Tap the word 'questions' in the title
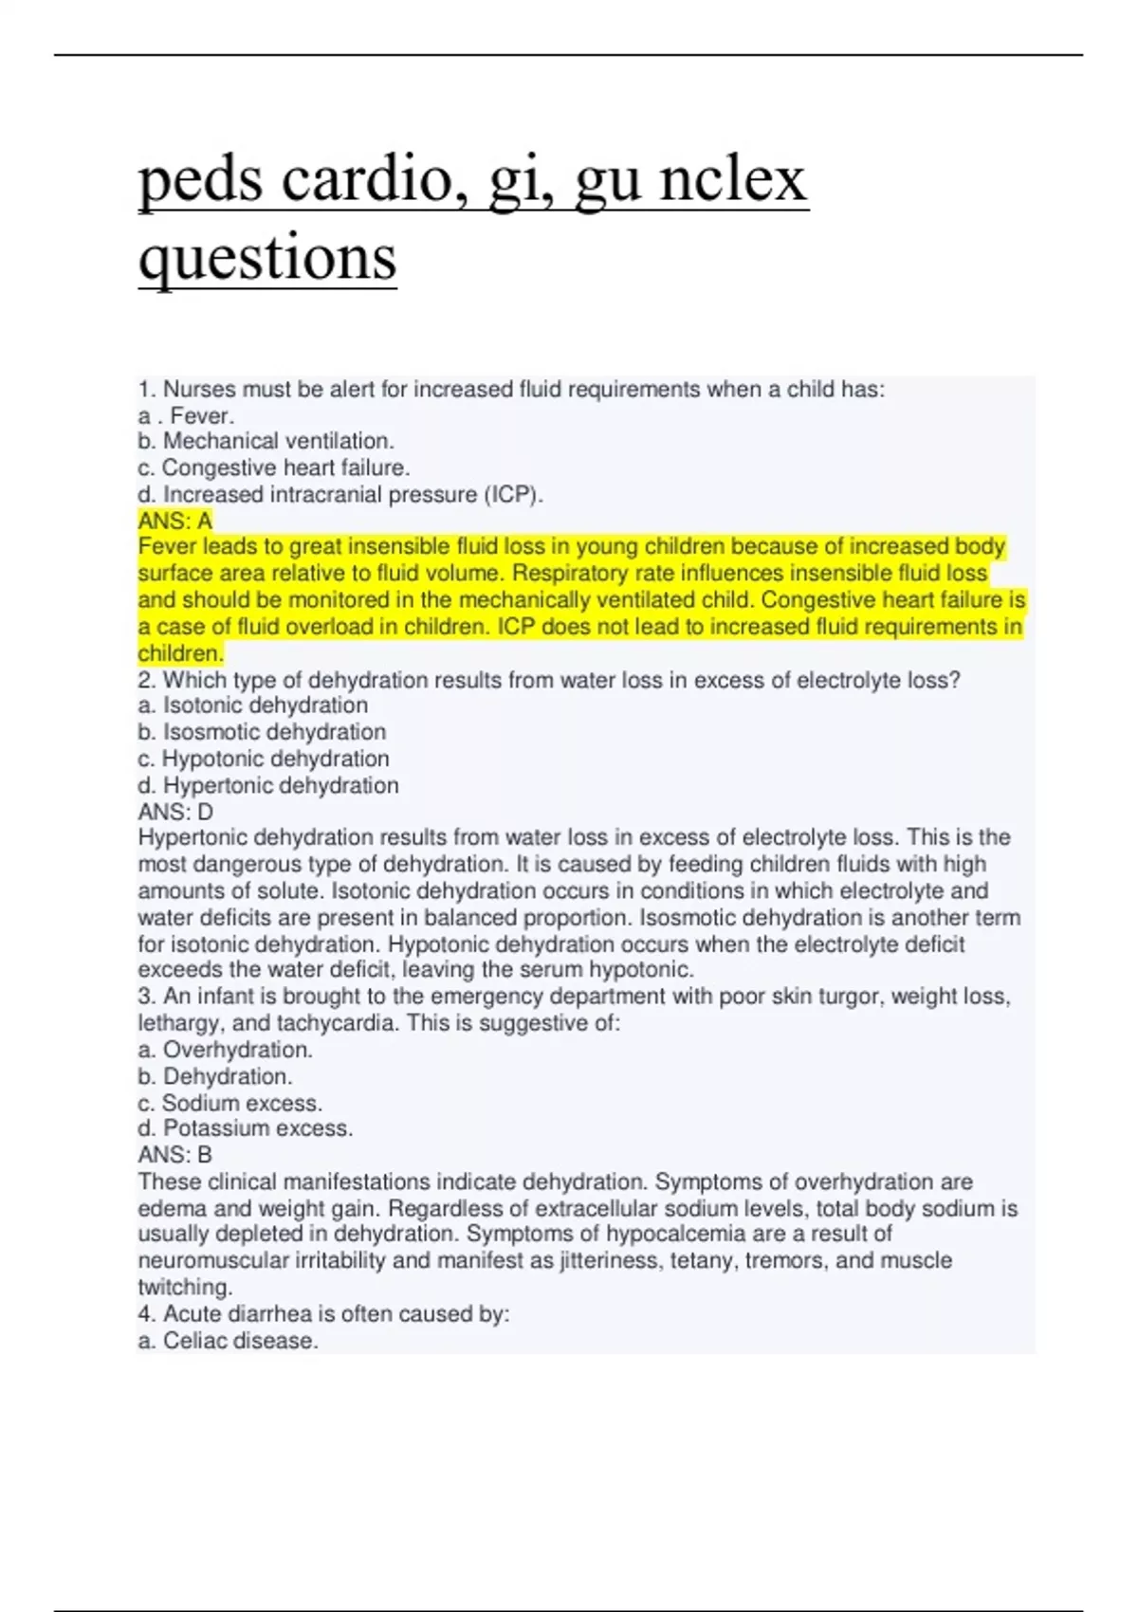tap(267, 257)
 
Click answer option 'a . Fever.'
tap(186, 415)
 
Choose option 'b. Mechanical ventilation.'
tap(266, 441)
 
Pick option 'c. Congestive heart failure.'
tap(274, 467)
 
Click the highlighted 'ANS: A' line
tap(175, 521)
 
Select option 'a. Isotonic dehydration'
tap(252, 705)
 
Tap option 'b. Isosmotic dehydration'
tap(262, 732)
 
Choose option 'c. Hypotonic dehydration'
tap(264, 759)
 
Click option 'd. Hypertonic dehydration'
tap(268, 785)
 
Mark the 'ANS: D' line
tap(175, 812)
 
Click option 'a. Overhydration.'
tap(226, 1050)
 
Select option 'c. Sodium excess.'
tap(230, 1103)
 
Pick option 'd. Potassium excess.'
tap(246, 1128)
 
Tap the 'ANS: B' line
tap(175, 1155)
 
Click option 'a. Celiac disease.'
tap(228, 1341)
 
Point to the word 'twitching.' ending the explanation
tap(185, 1288)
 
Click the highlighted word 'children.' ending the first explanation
tap(181, 653)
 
